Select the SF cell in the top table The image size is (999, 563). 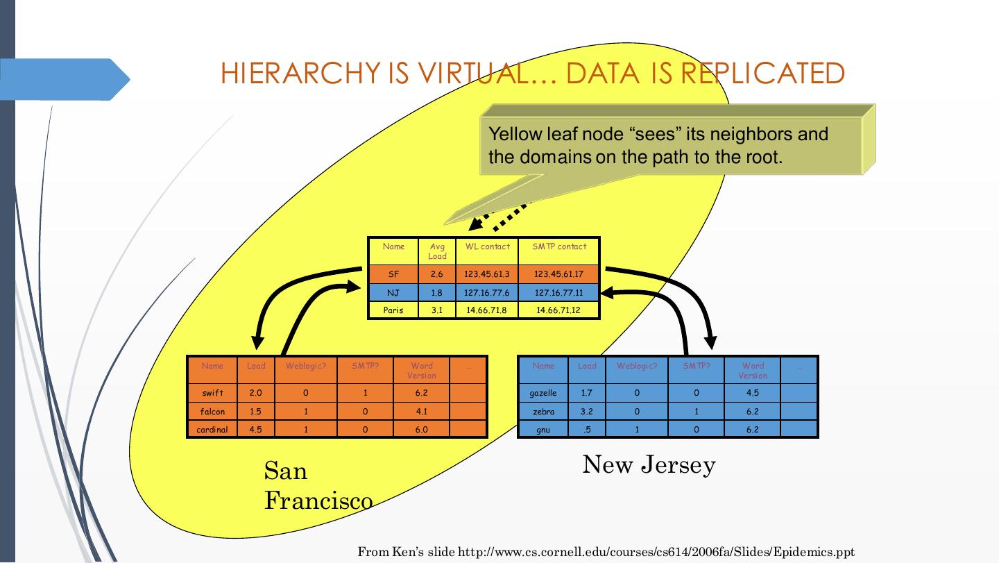point(393,274)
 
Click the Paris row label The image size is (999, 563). point(393,310)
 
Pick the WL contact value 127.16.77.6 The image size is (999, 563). point(487,293)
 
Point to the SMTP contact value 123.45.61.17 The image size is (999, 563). point(558,274)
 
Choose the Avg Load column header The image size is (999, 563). point(437,251)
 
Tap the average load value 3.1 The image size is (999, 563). point(437,310)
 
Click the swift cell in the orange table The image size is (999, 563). point(212,393)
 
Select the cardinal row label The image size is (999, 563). point(212,430)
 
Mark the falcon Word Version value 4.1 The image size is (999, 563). point(421,412)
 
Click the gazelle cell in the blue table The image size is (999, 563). point(543,393)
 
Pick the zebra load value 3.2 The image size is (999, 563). point(587,412)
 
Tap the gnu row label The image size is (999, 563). point(543,430)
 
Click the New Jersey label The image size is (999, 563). point(649,464)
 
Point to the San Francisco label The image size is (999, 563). point(317,485)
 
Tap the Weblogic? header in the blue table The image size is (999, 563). point(636,366)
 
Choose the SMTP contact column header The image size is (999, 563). point(558,246)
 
